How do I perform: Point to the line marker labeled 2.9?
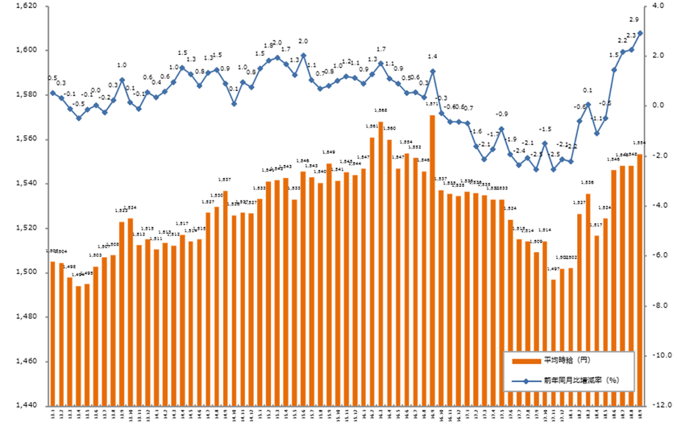coord(640,33)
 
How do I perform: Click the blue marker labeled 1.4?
coord(433,71)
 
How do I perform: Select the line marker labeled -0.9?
coord(501,128)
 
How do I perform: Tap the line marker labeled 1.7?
coord(380,63)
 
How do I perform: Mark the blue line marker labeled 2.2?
coord(623,52)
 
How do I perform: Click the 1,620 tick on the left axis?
coord(27,6)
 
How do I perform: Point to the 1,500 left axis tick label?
coord(27,272)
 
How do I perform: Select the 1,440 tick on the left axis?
coord(27,406)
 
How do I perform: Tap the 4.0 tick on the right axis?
coord(659,6)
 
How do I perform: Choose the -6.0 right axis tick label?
coord(659,255)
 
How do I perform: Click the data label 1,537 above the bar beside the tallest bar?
coord(441,179)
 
